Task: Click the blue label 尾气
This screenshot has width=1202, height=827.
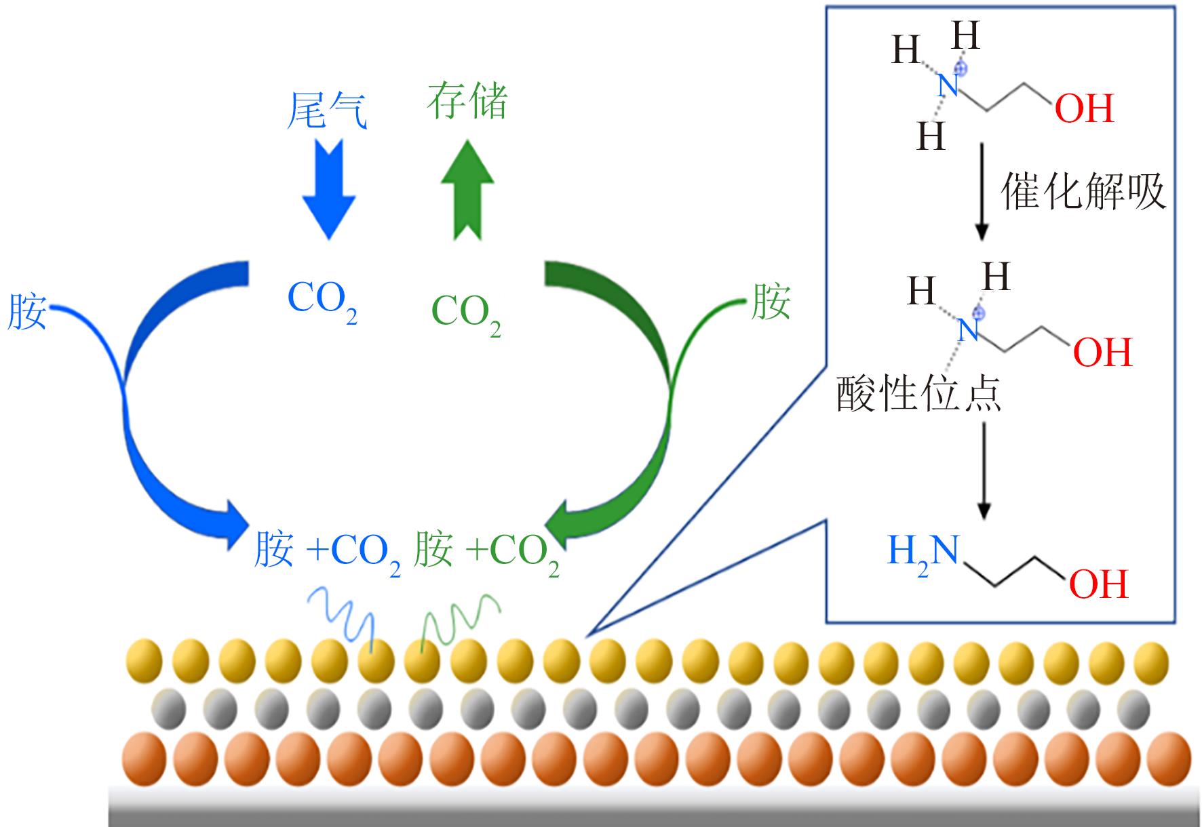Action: (x=327, y=110)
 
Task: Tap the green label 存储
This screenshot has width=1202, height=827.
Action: (x=467, y=102)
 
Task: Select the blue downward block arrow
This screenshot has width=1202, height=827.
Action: (x=329, y=188)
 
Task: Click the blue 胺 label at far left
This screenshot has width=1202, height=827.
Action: (x=27, y=312)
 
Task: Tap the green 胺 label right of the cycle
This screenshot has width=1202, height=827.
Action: (x=770, y=302)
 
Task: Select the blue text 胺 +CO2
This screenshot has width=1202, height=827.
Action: (x=327, y=550)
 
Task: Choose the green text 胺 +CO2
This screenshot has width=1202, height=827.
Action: (x=486, y=550)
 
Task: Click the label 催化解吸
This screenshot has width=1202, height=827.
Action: (x=1083, y=192)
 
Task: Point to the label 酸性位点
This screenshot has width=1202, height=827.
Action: (x=919, y=394)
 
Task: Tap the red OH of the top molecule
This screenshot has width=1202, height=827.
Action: (x=1085, y=108)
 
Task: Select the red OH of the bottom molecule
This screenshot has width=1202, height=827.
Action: (x=1098, y=584)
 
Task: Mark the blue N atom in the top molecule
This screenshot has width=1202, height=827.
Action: (x=948, y=86)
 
